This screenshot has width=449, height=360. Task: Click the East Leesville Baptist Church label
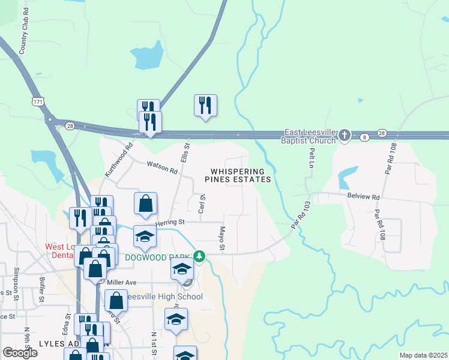pyautogui.click(x=309, y=136)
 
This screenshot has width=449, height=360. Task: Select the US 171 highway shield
pyautogui.click(x=38, y=102)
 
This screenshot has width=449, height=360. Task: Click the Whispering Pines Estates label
pyautogui.click(x=238, y=175)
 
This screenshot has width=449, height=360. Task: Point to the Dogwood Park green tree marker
pyautogui.click(x=200, y=257)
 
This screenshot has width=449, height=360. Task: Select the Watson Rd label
pyautogui.click(x=163, y=167)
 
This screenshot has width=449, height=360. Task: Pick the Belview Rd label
pyautogui.click(x=364, y=196)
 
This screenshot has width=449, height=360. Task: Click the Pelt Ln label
pyautogui.click(x=312, y=157)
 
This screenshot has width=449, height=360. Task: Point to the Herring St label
pyautogui.click(x=169, y=223)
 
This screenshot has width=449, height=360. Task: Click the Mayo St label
pyautogui.click(x=221, y=239)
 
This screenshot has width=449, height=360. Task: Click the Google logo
pyautogui.click(x=20, y=353)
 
